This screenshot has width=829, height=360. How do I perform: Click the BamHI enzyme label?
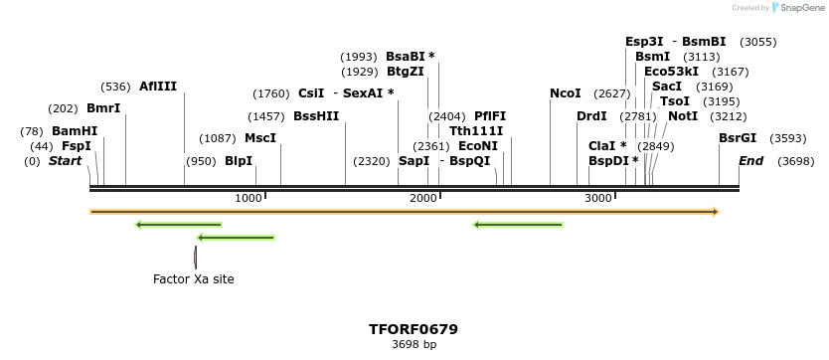[75, 131]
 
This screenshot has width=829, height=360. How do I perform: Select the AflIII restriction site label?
[158, 87]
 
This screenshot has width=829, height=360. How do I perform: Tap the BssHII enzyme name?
[316, 116]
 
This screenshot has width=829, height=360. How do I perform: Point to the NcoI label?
[566, 93]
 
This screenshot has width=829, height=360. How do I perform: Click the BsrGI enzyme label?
[738, 138]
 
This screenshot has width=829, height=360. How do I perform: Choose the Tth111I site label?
[476, 131]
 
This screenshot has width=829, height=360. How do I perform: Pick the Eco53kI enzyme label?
[671, 72]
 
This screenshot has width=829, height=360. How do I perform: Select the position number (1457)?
[266, 116]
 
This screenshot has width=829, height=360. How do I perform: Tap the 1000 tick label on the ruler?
[248, 199]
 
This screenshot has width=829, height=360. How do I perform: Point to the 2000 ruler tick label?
[423, 199]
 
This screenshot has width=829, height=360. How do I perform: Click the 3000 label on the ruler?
[597, 199]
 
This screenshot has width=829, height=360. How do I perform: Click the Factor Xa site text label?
[194, 279]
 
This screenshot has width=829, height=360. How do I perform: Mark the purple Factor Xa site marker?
[195, 257]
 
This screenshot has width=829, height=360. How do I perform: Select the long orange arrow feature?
[404, 212]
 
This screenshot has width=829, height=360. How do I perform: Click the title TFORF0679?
[414, 329]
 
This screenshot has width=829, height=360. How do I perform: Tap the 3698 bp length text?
[414, 345]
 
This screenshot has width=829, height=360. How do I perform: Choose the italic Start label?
[65, 161]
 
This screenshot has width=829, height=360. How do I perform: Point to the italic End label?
[750, 161]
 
